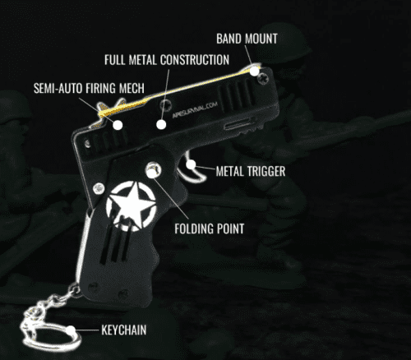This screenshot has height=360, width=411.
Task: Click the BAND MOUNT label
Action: tap(247, 39)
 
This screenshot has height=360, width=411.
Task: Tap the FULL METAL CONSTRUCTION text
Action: tap(167, 60)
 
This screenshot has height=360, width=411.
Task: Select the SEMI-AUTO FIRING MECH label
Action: tap(89, 88)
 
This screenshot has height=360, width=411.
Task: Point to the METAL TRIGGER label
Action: tap(251, 171)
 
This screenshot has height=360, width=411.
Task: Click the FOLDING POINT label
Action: tap(210, 228)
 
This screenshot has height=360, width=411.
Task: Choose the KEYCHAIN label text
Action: tap(124, 330)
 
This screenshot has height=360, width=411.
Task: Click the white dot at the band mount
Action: tap(254, 72)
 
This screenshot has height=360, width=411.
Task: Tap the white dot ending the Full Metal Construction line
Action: tap(161, 125)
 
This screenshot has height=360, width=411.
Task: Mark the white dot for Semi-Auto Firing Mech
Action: tap(118, 125)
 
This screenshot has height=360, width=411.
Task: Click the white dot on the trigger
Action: tap(191, 164)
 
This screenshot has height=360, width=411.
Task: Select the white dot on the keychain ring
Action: tap(71, 330)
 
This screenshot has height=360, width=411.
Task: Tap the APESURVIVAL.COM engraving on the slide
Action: tap(195, 109)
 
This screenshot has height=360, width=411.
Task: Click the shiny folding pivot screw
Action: tap(153, 169)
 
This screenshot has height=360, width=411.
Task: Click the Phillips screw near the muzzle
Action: tap(263, 78)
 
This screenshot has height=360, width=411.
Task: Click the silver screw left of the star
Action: tap(99, 188)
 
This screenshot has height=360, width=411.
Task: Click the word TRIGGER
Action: tap(266, 171)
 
